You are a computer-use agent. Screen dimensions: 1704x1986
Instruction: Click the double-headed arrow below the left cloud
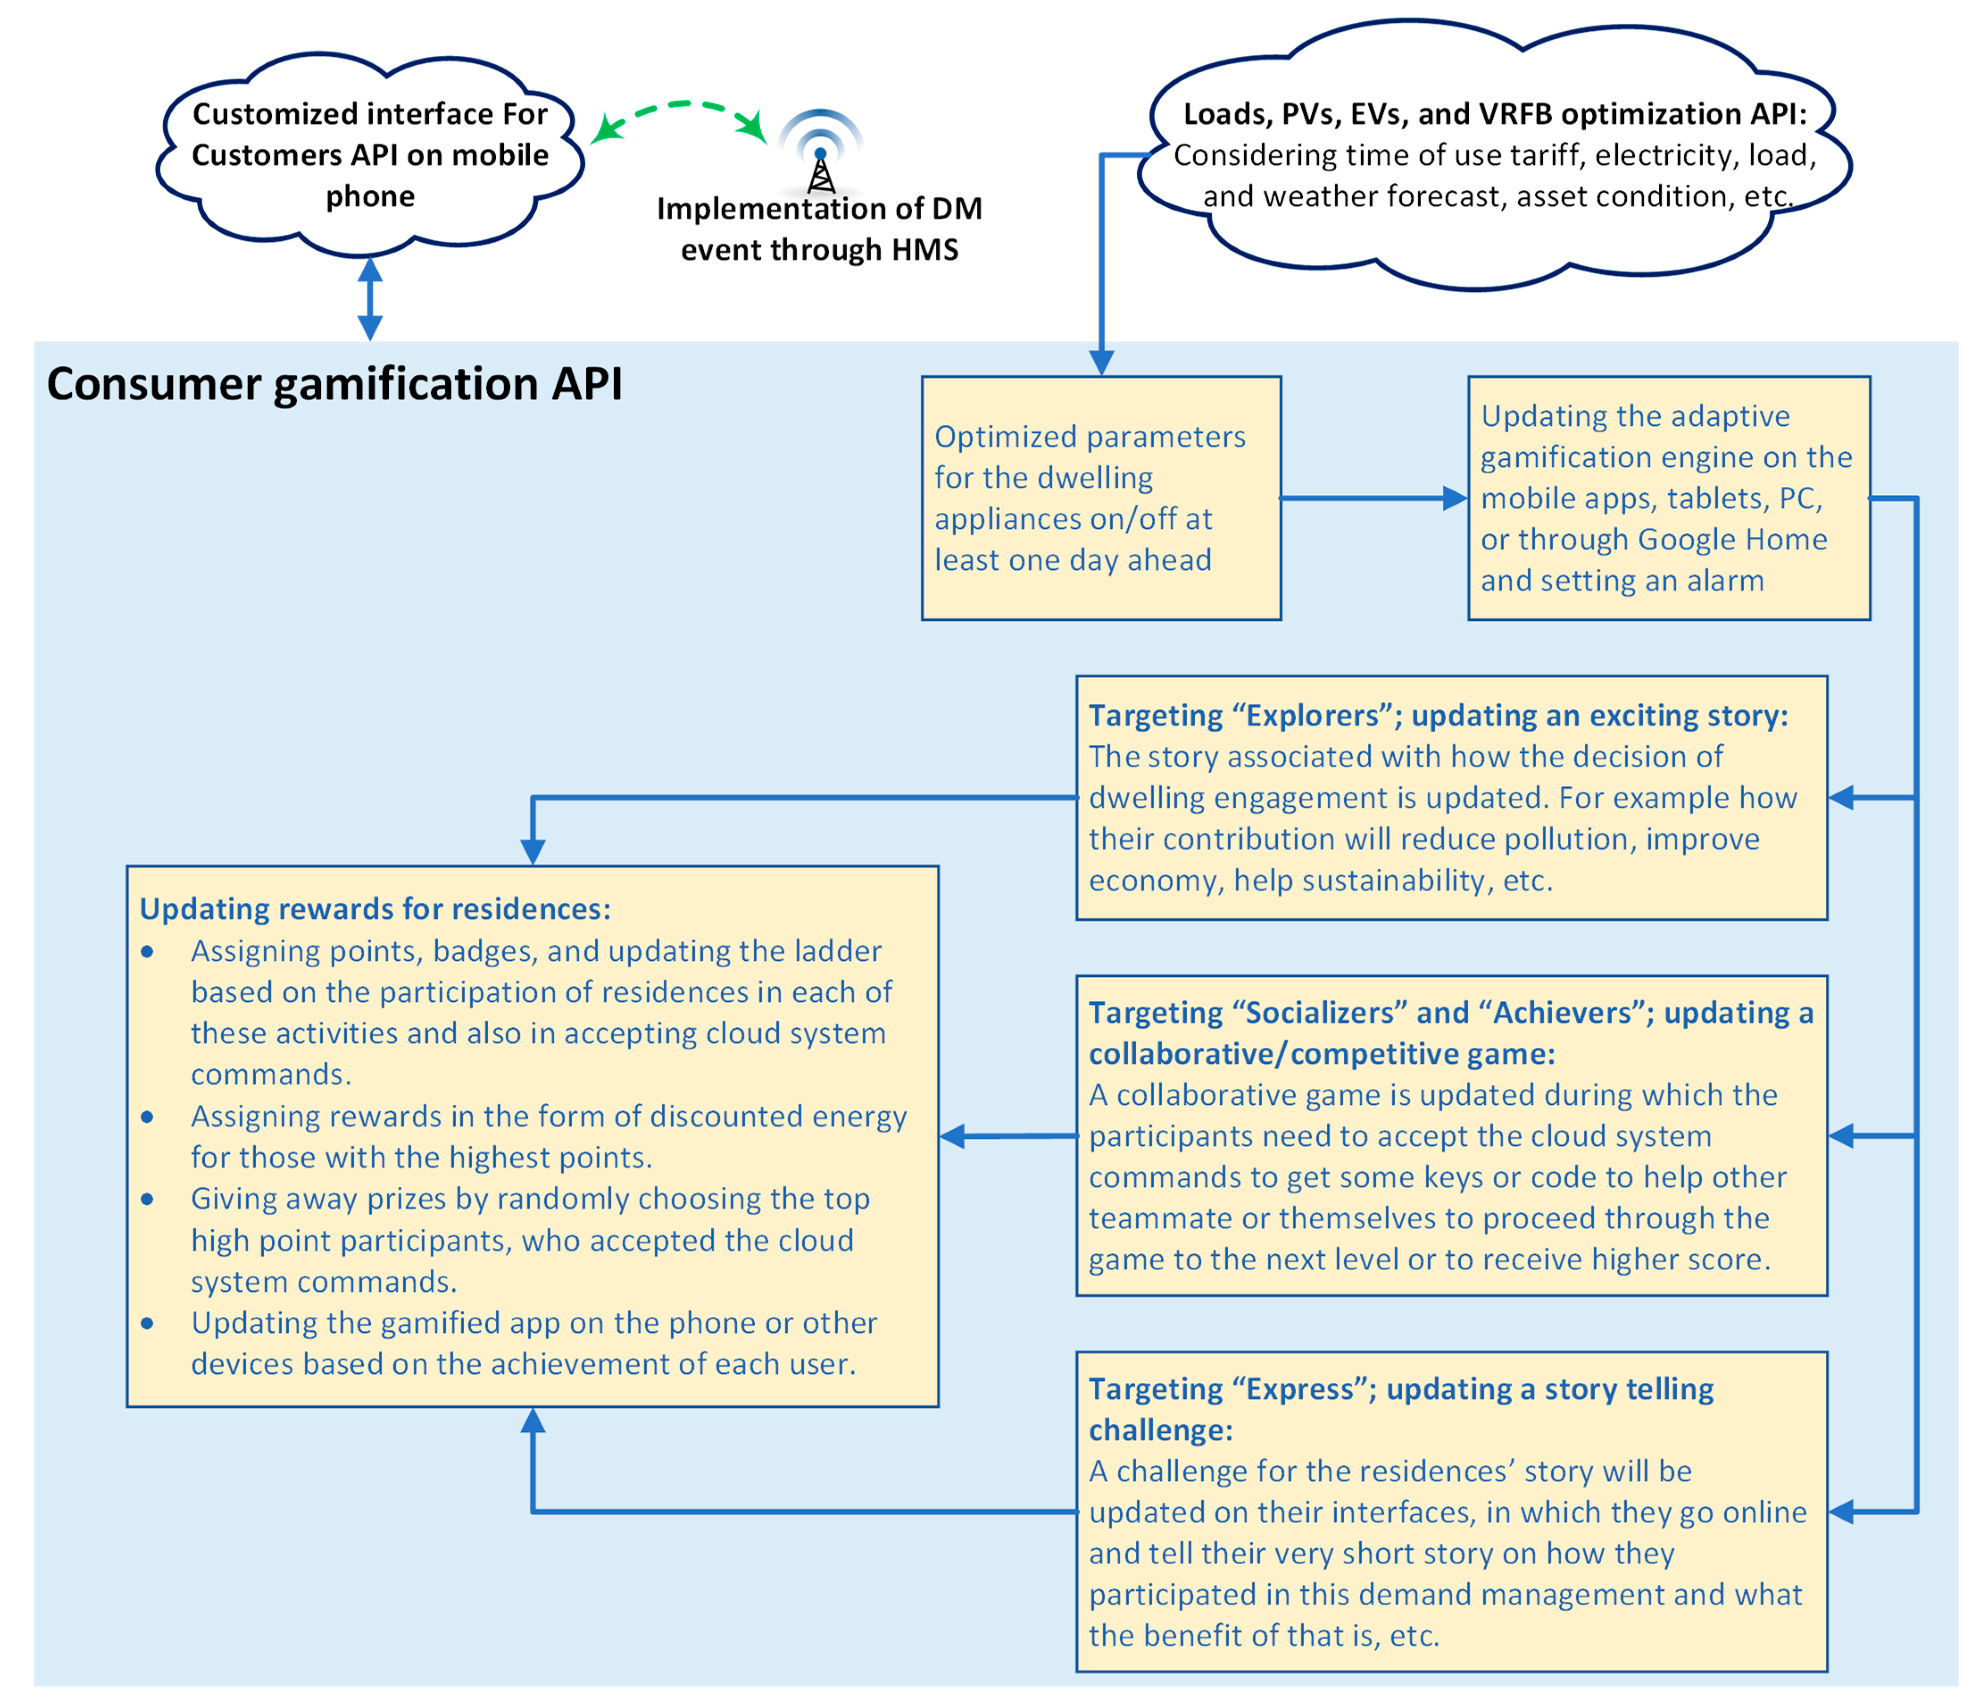(x=370, y=298)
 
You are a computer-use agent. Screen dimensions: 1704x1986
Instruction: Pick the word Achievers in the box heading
(x=1562, y=1013)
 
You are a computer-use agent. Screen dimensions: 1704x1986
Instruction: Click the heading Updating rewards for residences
(x=375, y=908)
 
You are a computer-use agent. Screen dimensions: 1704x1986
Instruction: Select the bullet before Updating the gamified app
(x=148, y=1323)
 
